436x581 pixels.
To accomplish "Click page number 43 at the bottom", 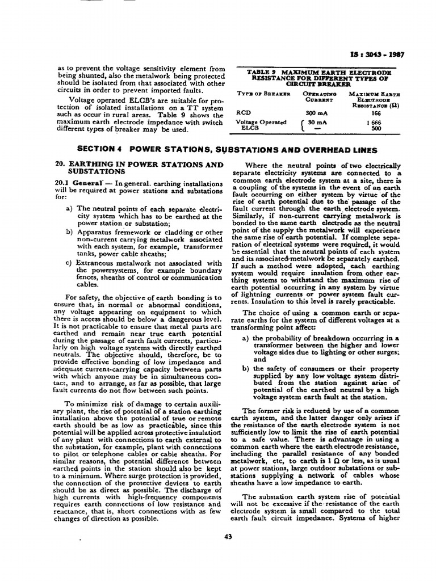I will click(229, 538).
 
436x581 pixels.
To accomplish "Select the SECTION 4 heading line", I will click(227, 150).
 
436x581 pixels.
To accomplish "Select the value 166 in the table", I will click(375, 113).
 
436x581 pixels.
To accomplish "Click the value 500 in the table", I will click(375, 129).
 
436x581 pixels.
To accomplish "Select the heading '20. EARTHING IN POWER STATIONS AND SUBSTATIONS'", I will click(139, 167).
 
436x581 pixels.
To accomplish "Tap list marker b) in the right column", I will click(245, 368).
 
